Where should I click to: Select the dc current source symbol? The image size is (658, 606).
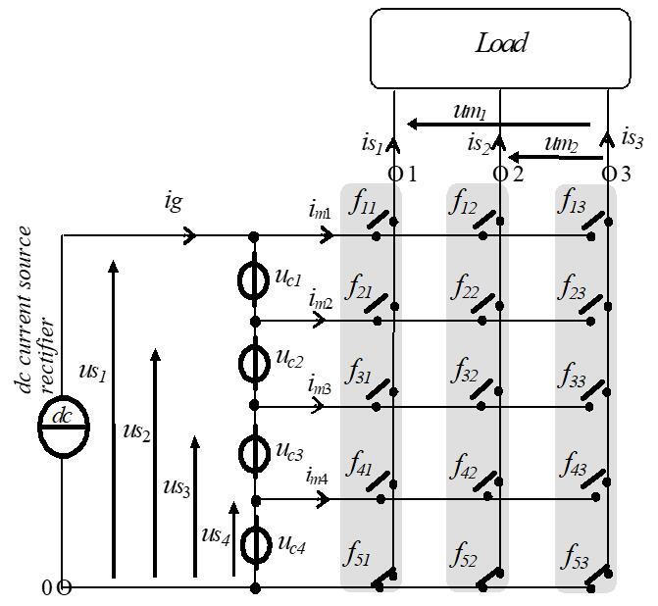click(x=64, y=427)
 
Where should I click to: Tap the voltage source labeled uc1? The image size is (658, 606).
click(x=254, y=280)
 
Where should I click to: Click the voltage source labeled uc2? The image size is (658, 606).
click(x=254, y=364)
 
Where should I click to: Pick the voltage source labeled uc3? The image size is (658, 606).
click(x=254, y=453)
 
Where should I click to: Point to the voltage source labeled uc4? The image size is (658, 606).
click(x=256, y=544)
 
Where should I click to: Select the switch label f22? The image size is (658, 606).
click(x=465, y=287)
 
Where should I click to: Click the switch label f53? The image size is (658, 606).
click(x=575, y=557)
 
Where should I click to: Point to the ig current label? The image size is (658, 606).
click(x=174, y=202)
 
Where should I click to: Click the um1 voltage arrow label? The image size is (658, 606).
click(x=470, y=112)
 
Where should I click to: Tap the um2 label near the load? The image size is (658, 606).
click(x=562, y=144)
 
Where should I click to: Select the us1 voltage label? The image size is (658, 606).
click(x=93, y=373)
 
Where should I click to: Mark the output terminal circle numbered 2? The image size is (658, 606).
click(x=500, y=174)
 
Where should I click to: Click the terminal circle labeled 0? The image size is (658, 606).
click(x=64, y=588)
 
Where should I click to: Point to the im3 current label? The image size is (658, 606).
click(x=320, y=385)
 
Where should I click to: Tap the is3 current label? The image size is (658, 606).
click(x=632, y=138)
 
